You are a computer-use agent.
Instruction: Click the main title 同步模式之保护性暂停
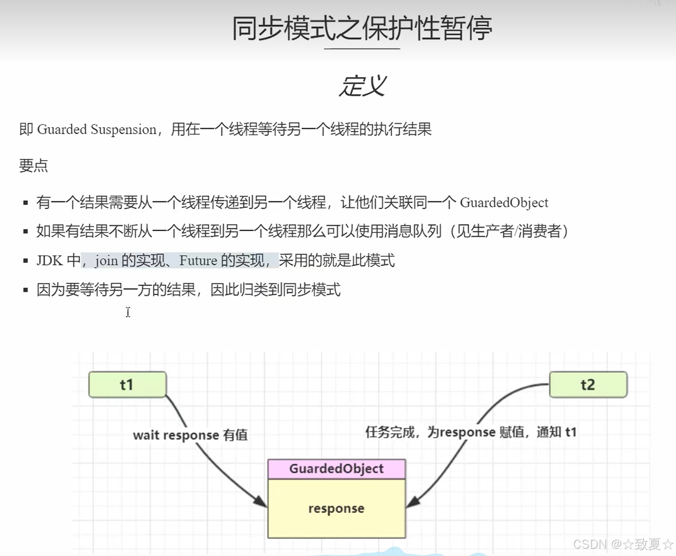click(362, 28)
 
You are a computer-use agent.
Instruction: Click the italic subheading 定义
click(363, 86)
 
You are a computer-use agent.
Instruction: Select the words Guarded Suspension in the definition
click(97, 130)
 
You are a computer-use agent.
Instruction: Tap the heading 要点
click(33, 166)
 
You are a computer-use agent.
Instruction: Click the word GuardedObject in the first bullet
click(504, 202)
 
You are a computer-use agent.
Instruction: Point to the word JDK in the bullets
click(49, 260)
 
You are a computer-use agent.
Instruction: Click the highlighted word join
click(107, 260)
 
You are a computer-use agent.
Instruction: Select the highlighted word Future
click(198, 260)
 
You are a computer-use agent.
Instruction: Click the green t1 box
click(127, 384)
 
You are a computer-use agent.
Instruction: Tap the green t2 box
click(588, 384)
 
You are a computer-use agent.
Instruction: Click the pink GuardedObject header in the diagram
click(336, 469)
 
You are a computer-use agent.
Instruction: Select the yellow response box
click(336, 508)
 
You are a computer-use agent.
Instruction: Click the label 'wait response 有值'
click(190, 435)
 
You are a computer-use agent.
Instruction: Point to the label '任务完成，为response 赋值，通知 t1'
click(471, 432)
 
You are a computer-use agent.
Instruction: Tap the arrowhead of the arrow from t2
click(412, 502)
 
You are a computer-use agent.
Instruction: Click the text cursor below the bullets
click(128, 312)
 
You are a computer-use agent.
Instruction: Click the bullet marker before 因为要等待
click(26, 290)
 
